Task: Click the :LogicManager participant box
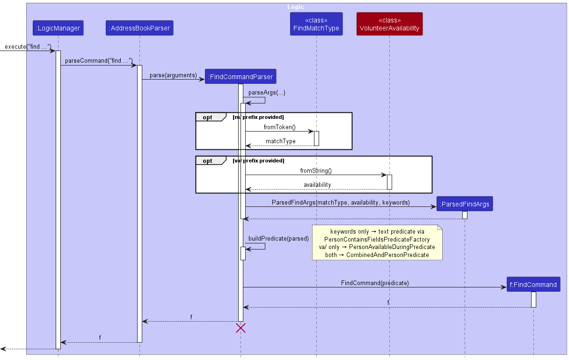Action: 58,28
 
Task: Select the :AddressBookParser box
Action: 139,28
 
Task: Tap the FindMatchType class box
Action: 316,24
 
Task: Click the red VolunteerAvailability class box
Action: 389,24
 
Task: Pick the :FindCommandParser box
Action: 241,76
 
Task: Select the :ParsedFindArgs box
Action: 464,204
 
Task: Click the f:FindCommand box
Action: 533,284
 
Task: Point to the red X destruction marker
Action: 241,328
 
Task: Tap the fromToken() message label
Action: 279,127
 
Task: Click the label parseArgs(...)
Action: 267,93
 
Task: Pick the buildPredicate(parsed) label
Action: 278,238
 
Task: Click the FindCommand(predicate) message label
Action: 374,283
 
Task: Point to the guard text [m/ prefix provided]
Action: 258,117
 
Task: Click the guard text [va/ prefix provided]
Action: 258,161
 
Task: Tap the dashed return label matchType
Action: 280,141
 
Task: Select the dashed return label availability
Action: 317,184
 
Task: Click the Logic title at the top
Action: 295,7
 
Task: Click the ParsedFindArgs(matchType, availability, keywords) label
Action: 340,202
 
